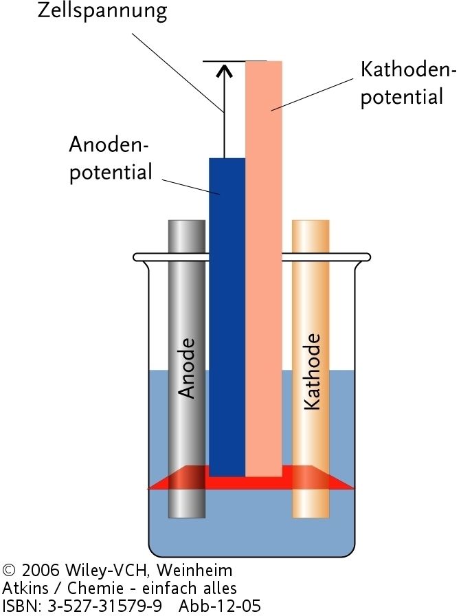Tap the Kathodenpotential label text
[402, 82]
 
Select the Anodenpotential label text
[110, 158]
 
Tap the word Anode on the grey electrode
[187, 368]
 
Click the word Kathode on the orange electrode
[311, 372]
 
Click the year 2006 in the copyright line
[41, 571]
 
